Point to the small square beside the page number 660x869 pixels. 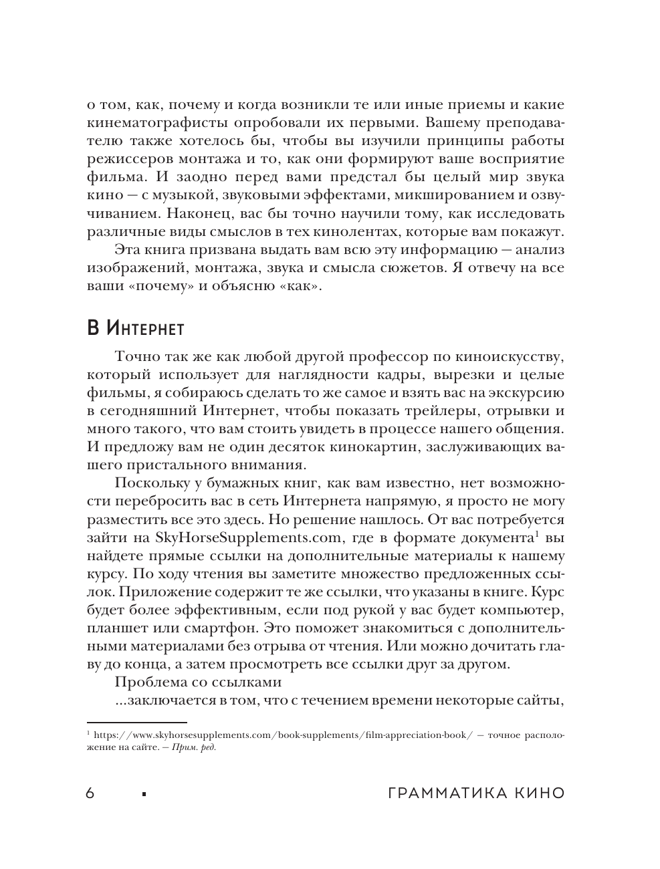[144, 795]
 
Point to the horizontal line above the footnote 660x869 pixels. [137, 721]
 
